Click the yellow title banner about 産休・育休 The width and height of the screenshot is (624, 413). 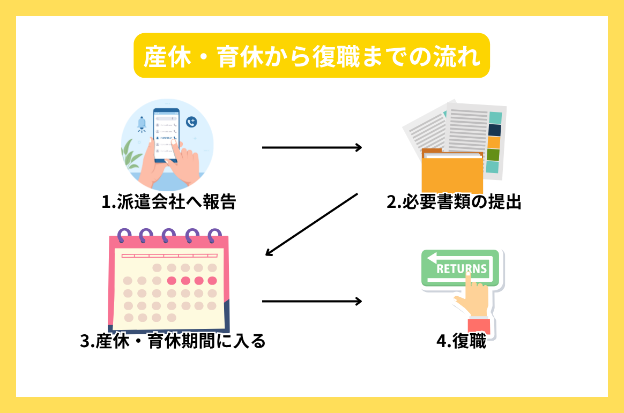tap(311, 56)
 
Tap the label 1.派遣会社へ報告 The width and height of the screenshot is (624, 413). tap(169, 202)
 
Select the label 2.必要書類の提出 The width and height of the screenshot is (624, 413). tap(454, 202)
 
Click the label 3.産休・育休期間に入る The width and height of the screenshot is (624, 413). tap(173, 341)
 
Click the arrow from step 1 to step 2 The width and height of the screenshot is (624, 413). tap(311, 147)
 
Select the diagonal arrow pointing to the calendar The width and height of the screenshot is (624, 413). tap(311, 223)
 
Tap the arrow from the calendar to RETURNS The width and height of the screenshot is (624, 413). tap(311, 302)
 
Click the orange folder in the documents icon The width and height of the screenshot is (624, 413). tap(452, 172)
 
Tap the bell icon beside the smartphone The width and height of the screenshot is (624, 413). tap(142, 125)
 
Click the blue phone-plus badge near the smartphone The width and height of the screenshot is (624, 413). tap(191, 122)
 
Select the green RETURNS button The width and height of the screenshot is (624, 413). tap(460, 267)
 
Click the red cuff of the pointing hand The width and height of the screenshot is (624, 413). tap(478, 325)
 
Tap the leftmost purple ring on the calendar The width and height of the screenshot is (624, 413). tap(124, 235)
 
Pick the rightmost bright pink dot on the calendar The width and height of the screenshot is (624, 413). tap(212, 280)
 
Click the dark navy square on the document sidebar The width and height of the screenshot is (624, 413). tap(494, 130)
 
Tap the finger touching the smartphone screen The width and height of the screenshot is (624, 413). tap(182, 155)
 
